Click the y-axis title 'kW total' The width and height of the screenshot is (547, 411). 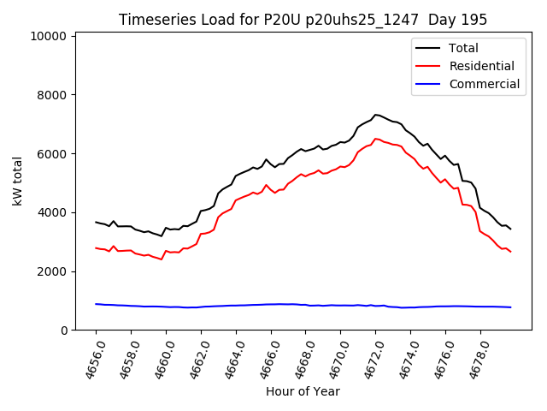point(18,182)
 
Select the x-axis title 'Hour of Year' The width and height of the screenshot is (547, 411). point(303,391)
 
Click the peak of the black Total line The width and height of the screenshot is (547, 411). point(376,115)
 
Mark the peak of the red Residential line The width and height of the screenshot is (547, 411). point(376,139)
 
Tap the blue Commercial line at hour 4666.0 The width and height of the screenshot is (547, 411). point(271,304)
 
